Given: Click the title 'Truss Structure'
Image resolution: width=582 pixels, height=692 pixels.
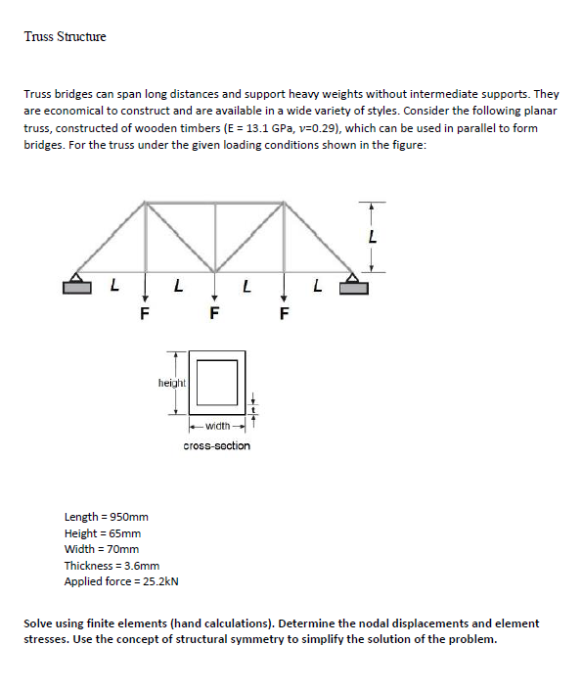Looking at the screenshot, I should (x=65, y=37).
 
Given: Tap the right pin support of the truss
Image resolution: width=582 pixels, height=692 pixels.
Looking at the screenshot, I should (x=358, y=285).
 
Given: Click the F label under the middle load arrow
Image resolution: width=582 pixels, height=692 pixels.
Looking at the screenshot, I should (x=215, y=314).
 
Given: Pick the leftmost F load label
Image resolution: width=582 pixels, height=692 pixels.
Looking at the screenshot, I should (x=145, y=314).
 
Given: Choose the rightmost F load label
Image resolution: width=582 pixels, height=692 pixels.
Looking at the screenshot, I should (x=285, y=314).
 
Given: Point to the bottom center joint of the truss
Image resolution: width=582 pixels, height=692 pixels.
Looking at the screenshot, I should (x=215, y=271).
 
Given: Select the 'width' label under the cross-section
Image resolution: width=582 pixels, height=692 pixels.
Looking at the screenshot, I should (x=216, y=426).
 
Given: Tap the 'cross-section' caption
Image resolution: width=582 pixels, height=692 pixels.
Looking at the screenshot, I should (x=216, y=446).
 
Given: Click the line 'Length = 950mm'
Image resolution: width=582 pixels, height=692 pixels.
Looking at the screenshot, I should (x=106, y=517).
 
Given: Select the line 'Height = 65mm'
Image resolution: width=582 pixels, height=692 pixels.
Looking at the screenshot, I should (x=102, y=533).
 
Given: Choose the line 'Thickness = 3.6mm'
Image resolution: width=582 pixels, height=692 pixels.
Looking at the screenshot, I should (x=112, y=566).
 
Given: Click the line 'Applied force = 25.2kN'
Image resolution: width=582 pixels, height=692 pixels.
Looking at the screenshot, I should (x=120, y=581).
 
